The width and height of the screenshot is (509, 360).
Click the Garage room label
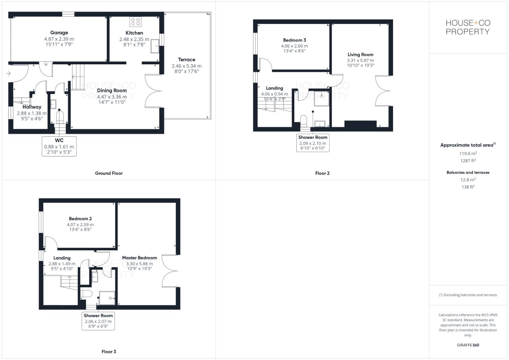(x=59, y=33)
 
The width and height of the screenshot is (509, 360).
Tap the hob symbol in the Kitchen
(x=135, y=22)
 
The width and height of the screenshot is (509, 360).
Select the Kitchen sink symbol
(x=155, y=46)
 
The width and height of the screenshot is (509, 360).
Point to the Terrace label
(x=186, y=60)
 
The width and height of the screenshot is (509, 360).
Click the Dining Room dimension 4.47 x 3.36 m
(x=112, y=97)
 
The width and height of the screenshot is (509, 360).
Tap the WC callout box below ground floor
(x=59, y=146)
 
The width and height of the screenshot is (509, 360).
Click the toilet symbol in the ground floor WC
(x=59, y=117)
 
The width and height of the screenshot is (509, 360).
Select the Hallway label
(x=32, y=107)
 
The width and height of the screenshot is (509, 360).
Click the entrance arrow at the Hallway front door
(x=8, y=73)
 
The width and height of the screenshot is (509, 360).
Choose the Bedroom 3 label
(x=294, y=40)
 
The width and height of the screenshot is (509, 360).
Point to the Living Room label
(x=360, y=55)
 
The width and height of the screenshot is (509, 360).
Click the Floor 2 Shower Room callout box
(x=313, y=143)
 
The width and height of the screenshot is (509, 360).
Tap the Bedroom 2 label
(x=80, y=219)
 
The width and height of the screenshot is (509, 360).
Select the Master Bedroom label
(x=139, y=258)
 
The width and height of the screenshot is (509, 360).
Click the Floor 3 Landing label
(x=62, y=258)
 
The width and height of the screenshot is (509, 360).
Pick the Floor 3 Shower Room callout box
(x=98, y=321)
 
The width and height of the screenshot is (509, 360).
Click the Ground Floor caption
(x=109, y=173)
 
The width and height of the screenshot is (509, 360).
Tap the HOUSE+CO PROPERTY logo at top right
(x=468, y=27)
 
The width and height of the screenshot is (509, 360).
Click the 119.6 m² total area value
(x=468, y=154)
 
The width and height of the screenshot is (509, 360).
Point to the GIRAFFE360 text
(x=468, y=345)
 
